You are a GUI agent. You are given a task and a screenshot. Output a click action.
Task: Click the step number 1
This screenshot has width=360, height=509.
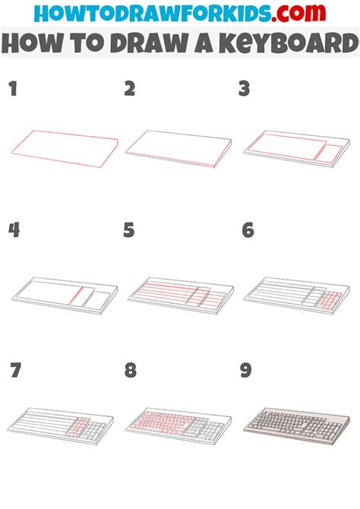(x=12, y=90)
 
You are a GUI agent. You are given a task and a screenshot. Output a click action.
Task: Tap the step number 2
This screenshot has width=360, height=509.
(x=130, y=90)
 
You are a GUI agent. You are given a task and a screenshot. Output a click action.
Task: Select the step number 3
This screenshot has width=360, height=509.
(x=245, y=90)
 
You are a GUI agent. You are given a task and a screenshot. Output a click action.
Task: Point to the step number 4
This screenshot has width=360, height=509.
(x=14, y=230)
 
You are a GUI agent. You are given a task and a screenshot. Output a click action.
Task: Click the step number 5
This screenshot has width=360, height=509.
(x=130, y=230)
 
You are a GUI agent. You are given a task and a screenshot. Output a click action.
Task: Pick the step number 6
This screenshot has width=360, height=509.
(x=247, y=230)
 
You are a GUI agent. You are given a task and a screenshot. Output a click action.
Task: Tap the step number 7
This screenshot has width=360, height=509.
(x=14, y=371)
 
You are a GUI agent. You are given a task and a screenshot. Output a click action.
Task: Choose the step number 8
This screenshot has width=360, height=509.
(x=131, y=371)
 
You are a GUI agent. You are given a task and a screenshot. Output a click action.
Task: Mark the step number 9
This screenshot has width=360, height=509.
(x=247, y=371)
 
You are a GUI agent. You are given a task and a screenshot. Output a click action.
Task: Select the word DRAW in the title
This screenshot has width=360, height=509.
(x=154, y=44)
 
